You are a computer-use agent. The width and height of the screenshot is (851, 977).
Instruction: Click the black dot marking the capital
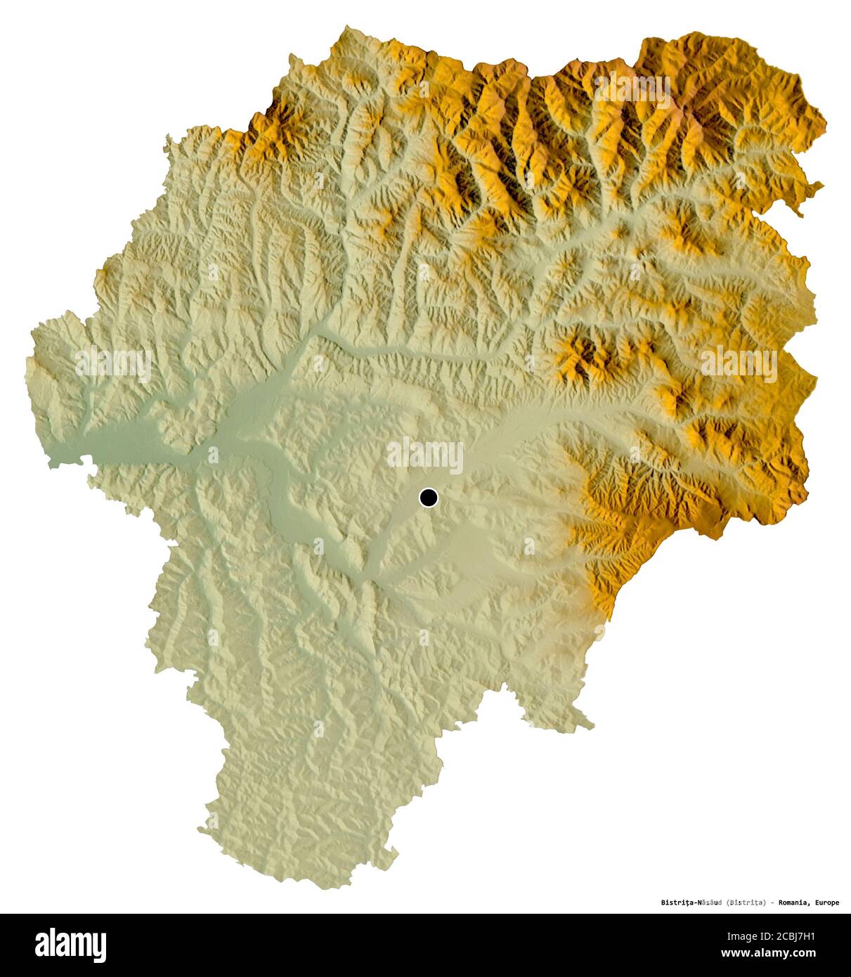pos(428,498)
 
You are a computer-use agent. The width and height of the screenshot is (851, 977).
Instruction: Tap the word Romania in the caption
pos(793,902)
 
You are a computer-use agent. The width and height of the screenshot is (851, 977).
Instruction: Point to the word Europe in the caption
pos(826,902)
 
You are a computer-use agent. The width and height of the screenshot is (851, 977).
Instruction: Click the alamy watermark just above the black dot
pos(425,455)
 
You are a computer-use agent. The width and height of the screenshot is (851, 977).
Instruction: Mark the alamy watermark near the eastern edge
pos(739,363)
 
